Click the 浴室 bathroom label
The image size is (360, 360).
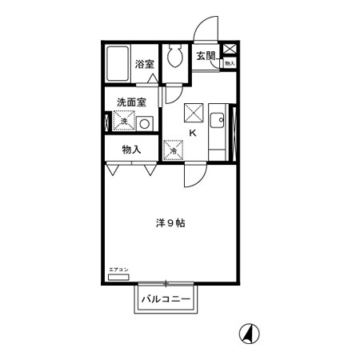pyautogui.click(x=144, y=64)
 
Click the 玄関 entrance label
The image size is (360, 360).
pyautogui.click(x=206, y=56)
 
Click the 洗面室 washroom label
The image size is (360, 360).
pyautogui.click(x=131, y=102)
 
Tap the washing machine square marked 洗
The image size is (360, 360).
pyautogui.click(x=124, y=122)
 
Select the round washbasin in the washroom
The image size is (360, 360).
pyautogui.click(x=144, y=123)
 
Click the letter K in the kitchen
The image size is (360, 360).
pyautogui.click(x=192, y=133)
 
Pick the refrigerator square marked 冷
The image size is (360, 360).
pyautogui.click(x=174, y=149)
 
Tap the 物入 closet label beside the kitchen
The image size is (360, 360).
pyautogui.click(x=131, y=149)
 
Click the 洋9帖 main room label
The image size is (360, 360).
pyautogui.click(x=170, y=224)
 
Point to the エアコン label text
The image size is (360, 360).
pyautogui.click(x=118, y=270)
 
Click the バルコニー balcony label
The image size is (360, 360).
pyautogui.click(x=166, y=300)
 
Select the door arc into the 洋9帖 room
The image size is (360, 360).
pyautogui.click(x=194, y=174)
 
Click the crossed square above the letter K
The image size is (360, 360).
pyautogui.click(x=194, y=112)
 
